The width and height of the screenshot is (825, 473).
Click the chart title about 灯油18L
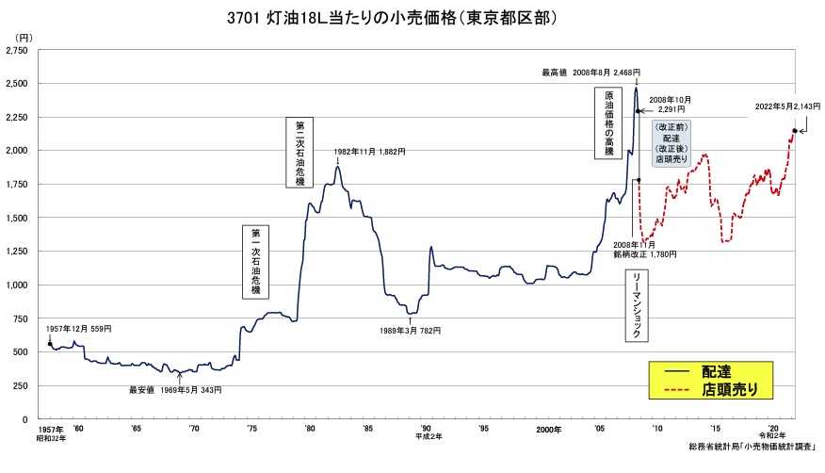pos(412,17)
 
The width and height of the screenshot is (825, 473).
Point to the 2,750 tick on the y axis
pos(18,51)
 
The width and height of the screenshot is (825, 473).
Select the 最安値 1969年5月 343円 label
pos(175,389)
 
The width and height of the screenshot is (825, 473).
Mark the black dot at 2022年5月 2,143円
pos(795,131)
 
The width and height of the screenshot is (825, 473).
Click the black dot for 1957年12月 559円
pos(49,344)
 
